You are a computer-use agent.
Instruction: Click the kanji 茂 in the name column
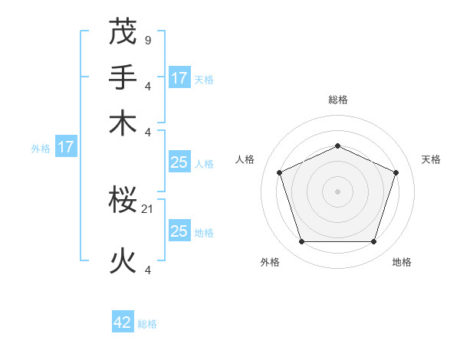[x=123, y=31]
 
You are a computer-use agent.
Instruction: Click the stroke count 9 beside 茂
[x=147, y=39]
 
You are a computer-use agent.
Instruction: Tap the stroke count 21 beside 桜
[x=148, y=208]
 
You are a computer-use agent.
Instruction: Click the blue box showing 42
[x=123, y=322]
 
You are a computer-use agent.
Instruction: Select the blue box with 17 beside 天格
[x=179, y=77]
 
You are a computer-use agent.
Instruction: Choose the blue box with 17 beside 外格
[x=65, y=147]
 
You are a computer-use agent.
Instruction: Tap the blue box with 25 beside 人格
[x=179, y=162]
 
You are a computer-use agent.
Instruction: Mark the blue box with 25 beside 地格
[x=179, y=231]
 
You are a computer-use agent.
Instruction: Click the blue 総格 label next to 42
[x=147, y=324]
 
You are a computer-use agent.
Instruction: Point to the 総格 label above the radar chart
[x=338, y=100]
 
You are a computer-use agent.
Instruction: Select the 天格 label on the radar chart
[x=431, y=159]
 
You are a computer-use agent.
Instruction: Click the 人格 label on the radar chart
[x=245, y=159]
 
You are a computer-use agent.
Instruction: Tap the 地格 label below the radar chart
[x=402, y=262]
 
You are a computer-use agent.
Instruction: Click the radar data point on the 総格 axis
[x=338, y=146]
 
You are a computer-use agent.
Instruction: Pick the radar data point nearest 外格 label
[x=301, y=242]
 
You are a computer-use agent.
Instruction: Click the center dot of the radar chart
[x=338, y=191]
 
